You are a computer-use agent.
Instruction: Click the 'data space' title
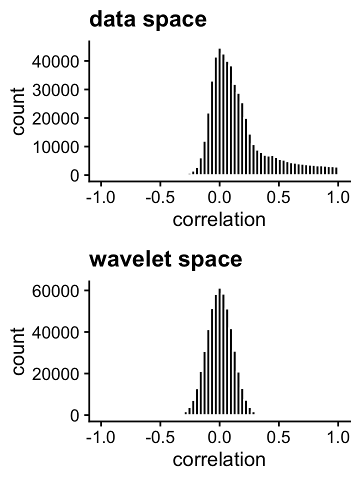[x=147, y=20]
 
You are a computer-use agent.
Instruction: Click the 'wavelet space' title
[x=165, y=260]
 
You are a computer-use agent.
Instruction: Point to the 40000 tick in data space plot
[x=54, y=61]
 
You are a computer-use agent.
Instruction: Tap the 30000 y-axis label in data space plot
[x=54, y=90]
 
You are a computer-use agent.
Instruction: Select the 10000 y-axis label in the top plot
[x=54, y=147]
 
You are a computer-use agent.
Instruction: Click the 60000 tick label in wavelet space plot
[x=54, y=290]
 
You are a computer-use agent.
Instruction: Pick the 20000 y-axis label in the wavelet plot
[x=54, y=374]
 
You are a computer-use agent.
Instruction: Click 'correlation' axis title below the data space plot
[x=219, y=220]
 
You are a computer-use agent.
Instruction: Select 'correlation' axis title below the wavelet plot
[x=219, y=460]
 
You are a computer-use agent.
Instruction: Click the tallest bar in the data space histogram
[x=219, y=112]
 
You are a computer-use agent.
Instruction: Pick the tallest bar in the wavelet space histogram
[x=219, y=352]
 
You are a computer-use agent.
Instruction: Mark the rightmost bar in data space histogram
[x=336, y=171]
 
